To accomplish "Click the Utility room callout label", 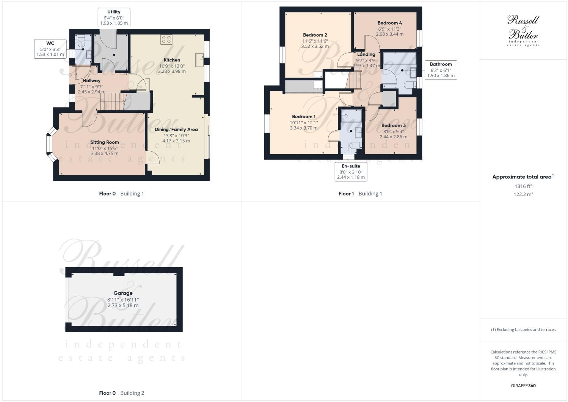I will click(x=114, y=18).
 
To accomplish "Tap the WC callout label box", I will click(x=50, y=49).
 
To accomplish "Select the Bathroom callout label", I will click(x=441, y=70).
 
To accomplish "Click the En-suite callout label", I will click(x=351, y=172).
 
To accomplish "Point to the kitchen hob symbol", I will click(x=166, y=40).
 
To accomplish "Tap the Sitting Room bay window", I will click(x=50, y=144).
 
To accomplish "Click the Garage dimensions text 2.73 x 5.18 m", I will click(x=123, y=305).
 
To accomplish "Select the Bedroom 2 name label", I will click(x=315, y=35).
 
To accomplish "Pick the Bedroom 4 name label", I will click(x=389, y=23).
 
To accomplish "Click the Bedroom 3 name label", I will click(x=393, y=125).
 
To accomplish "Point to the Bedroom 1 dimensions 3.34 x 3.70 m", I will click(x=303, y=128).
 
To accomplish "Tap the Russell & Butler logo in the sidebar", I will click(x=523, y=30).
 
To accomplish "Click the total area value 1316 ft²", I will click(x=523, y=186).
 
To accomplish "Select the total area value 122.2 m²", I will click(x=523, y=194).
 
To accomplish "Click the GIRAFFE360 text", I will click(x=523, y=386).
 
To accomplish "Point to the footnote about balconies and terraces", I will click(x=523, y=330).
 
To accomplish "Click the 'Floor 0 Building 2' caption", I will click(x=121, y=393).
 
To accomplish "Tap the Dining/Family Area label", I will click(x=176, y=130).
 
